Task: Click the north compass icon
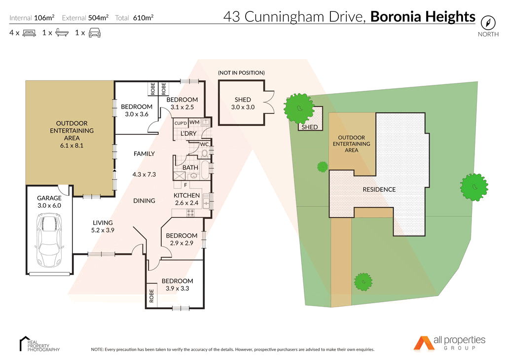tap(488, 22)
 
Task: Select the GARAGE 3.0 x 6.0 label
tap(49, 202)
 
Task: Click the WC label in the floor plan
tap(204, 144)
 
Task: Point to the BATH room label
tap(190, 168)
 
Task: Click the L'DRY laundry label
tap(188, 134)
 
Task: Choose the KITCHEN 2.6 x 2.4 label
tap(186, 199)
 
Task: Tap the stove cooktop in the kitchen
tap(190, 213)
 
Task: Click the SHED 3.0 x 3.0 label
tap(243, 103)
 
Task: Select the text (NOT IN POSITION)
tap(241, 73)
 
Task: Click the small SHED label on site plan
tap(310, 127)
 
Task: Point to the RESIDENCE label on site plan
tap(379, 189)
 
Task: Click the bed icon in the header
tap(30, 33)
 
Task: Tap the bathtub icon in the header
tap(62, 33)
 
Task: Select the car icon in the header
tap(95, 33)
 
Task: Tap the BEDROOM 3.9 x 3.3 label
tap(178, 285)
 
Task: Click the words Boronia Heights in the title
tap(423, 17)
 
